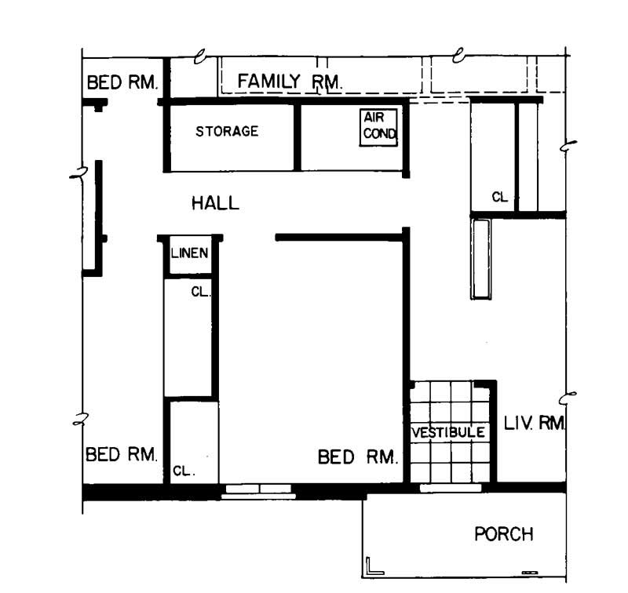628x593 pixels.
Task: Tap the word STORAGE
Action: (x=227, y=132)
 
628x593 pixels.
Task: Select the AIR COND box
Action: (x=380, y=127)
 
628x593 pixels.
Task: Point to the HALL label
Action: (x=215, y=204)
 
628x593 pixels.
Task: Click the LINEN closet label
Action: (x=189, y=253)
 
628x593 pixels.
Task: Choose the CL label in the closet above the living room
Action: (x=499, y=198)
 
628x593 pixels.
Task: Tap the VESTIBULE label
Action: (x=448, y=433)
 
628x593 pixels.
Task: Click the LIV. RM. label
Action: (x=535, y=424)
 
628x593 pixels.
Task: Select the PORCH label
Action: (x=503, y=535)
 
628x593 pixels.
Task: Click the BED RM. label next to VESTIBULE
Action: (x=358, y=457)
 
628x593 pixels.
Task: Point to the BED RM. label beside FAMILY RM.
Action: (x=122, y=82)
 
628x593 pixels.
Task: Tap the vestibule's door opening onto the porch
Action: (x=451, y=489)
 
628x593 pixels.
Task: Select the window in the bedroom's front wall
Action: (x=258, y=492)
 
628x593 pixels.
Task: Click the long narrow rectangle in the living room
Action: (x=480, y=259)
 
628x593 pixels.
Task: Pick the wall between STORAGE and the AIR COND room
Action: (x=298, y=136)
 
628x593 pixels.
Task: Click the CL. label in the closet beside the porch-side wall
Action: (x=182, y=472)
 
